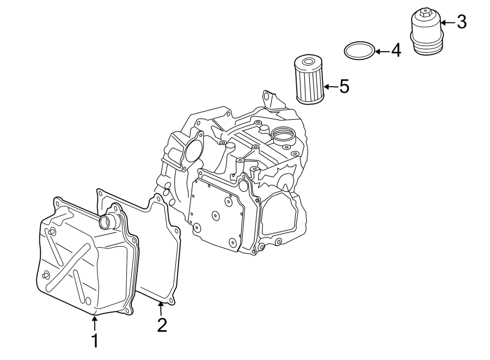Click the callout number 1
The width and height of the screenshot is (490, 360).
94,341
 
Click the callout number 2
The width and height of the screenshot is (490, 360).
161,325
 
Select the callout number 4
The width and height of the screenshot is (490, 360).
395,51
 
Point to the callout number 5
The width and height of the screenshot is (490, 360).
344,86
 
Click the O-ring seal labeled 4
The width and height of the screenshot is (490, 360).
359,51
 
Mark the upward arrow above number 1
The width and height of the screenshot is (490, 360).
94,324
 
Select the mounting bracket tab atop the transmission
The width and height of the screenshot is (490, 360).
268,100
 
